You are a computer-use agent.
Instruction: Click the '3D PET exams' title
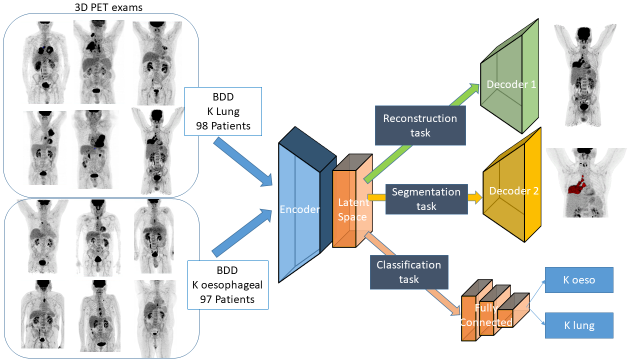[108, 7]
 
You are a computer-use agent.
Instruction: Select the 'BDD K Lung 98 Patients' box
[223, 111]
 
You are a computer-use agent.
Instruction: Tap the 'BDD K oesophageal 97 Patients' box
[227, 285]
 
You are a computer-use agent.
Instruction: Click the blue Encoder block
[307, 205]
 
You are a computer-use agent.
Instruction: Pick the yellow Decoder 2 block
[511, 185]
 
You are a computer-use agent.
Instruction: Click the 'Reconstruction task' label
[420, 125]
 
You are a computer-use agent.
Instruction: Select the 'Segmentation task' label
[426, 199]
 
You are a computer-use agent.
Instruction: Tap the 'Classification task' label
[409, 272]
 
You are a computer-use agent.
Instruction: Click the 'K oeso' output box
[579, 280]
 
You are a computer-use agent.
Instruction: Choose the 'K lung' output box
[579, 325]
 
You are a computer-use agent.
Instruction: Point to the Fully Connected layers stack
[495, 310]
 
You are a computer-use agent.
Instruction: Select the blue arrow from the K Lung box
[243, 162]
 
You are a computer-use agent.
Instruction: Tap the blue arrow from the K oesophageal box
[242, 233]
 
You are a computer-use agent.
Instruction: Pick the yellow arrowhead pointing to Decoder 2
[476, 197]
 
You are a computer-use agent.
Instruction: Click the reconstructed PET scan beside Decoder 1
[584, 75]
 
